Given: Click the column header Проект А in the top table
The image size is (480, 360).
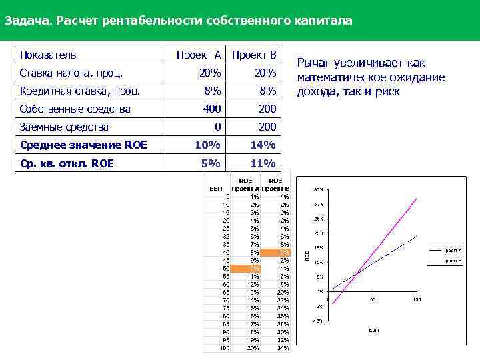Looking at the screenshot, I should (x=199, y=55).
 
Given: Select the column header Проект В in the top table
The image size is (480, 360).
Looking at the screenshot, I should (x=254, y=55).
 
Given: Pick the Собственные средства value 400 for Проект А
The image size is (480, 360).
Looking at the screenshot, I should (x=211, y=109).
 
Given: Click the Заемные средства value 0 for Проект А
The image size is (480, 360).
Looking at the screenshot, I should (x=217, y=127).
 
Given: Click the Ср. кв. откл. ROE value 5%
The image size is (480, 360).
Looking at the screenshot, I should (x=212, y=163).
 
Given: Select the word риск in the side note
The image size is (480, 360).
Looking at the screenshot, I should (x=387, y=92).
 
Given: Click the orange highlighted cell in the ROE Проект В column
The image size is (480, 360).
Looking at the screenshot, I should (x=275, y=253).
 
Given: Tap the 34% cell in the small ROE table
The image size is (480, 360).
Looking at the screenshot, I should (x=283, y=347).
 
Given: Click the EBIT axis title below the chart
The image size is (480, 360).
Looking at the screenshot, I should (x=374, y=330).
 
